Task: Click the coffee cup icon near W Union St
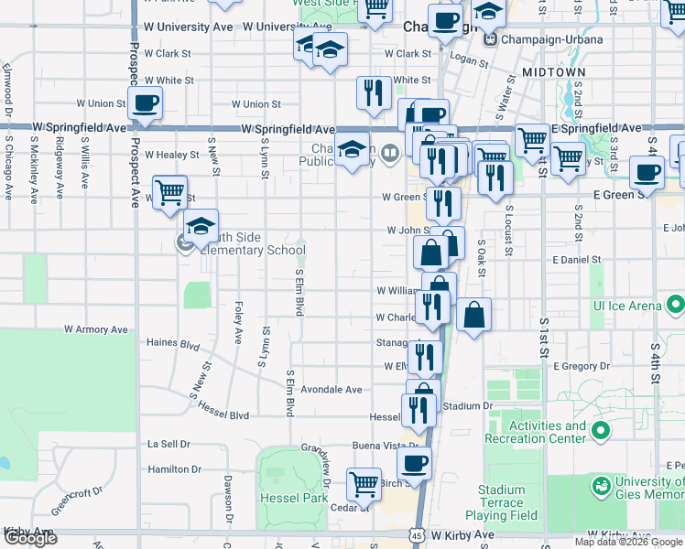pos(146,103)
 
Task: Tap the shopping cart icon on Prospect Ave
pos(169,192)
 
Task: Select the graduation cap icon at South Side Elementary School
pos(201,227)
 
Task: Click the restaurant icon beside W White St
pos(373,92)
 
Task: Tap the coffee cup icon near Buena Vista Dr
pos(414,463)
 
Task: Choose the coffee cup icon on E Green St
pos(647,172)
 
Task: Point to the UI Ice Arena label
pos(625,305)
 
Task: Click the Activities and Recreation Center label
pos(548,432)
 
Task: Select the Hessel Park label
pos(292,498)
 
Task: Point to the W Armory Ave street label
pos(96,329)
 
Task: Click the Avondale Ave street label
pos(332,389)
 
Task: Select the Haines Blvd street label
pos(173,345)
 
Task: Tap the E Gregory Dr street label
pos(582,366)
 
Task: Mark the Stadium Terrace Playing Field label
pos(501,502)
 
